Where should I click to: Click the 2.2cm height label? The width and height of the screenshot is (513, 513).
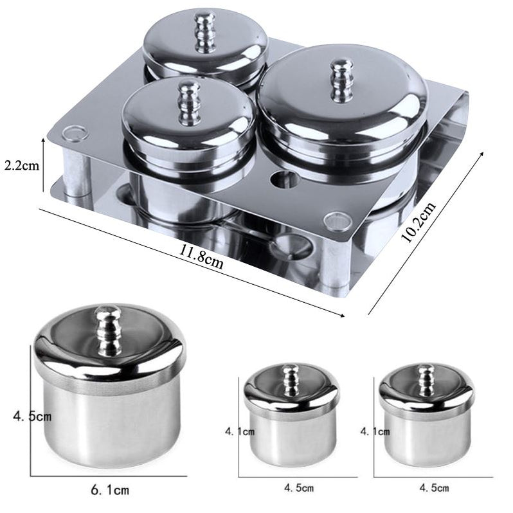coord(22,166)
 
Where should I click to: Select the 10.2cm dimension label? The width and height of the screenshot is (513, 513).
coord(419,222)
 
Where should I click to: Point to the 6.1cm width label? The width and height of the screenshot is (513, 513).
coord(110,490)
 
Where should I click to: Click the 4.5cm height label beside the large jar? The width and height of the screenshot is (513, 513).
coord(32,416)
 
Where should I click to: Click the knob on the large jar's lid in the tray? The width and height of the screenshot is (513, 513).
coord(341,80)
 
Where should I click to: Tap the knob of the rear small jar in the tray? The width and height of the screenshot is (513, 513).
coord(205,32)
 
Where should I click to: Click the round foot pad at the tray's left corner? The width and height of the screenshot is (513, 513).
coord(75,133)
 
